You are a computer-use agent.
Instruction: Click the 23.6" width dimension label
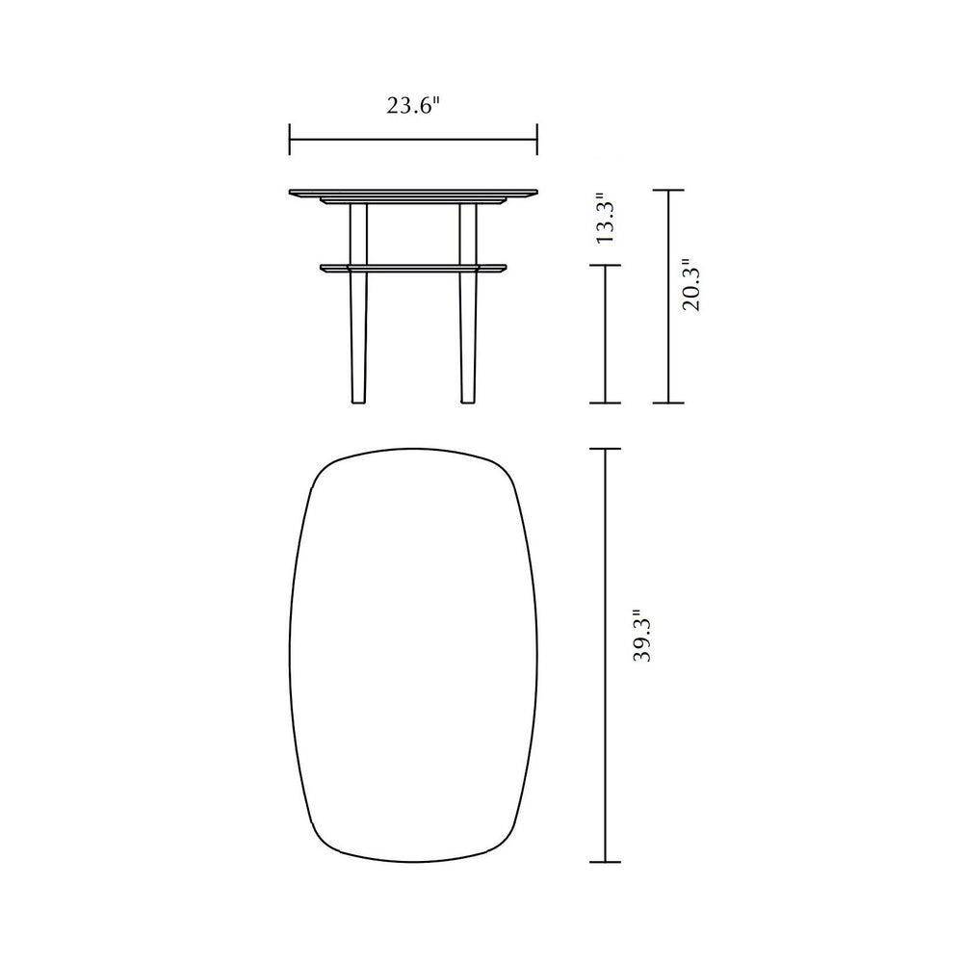(x=414, y=105)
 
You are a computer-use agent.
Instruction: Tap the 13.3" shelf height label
(x=606, y=220)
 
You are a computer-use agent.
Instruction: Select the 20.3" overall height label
(x=690, y=284)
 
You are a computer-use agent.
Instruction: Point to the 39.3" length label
(x=641, y=636)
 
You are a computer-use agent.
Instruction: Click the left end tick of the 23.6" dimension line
(x=290, y=140)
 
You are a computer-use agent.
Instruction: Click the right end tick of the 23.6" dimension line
(x=537, y=140)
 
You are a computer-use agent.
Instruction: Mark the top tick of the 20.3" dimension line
(x=667, y=191)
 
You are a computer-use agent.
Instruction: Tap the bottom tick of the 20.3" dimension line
(x=667, y=403)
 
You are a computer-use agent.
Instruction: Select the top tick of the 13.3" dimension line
(x=606, y=266)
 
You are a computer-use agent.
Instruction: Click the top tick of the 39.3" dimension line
(x=606, y=449)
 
